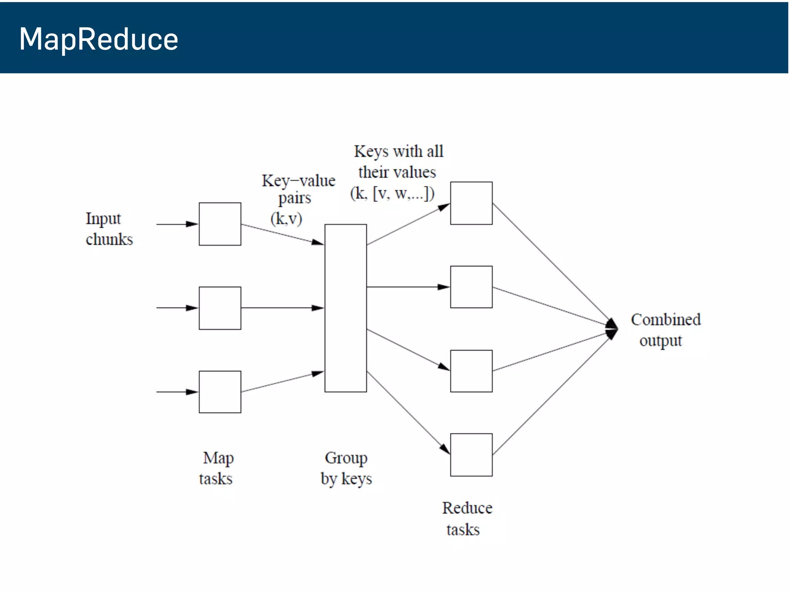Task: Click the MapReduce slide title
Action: coord(99,39)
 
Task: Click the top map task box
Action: coord(220,224)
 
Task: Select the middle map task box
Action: coord(220,308)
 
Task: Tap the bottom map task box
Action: coord(220,392)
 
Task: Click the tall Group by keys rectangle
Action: coord(346,308)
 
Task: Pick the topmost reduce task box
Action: coord(471,203)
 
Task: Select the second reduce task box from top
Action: coord(471,287)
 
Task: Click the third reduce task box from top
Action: coord(471,371)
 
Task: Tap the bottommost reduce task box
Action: coord(471,455)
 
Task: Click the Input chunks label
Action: coord(109,229)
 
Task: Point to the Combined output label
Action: coord(665,330)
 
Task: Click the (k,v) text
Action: coord(286,219)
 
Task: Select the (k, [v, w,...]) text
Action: coord(392,193)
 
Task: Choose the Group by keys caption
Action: coord(346,468)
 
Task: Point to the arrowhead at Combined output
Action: coord(613,329)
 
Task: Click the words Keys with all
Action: coord(399,151)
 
